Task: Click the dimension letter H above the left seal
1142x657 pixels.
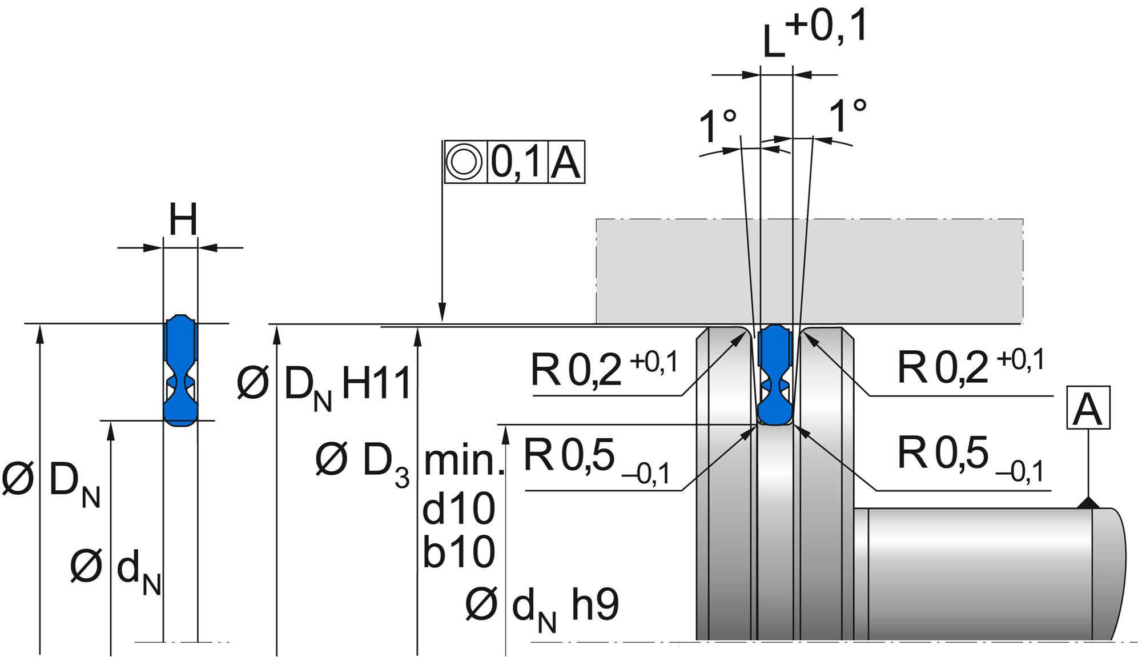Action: point(183,219)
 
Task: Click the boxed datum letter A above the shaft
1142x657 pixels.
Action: point(1088,408)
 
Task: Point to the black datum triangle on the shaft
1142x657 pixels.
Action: point(1088,502)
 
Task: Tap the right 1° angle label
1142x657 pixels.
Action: point(847,116)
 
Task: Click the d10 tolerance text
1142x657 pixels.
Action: point(459,509)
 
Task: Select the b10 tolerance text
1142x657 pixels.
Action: point(459,552)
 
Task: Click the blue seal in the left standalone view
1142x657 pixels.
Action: point(180,371)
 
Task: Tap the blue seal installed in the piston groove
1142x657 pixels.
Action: point(775,374)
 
